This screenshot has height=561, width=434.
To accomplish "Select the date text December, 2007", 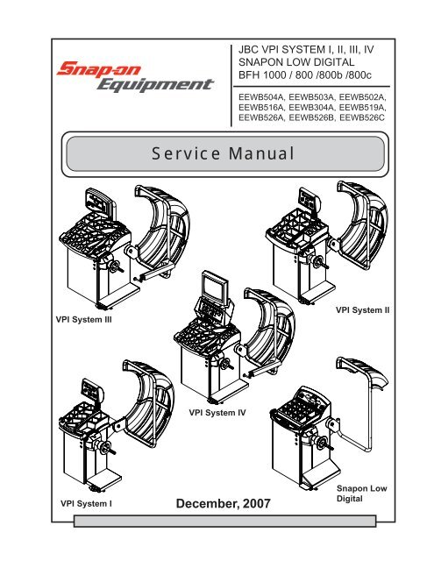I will pos(224,505).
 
